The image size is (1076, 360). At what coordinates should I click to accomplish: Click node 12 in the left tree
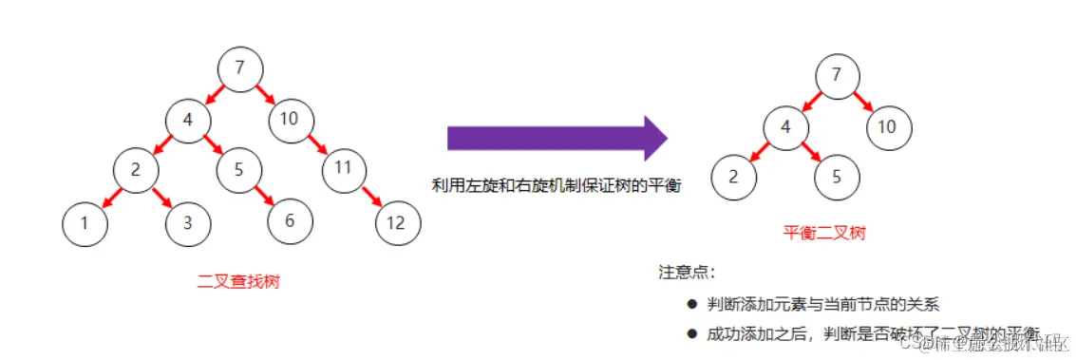point(398,223)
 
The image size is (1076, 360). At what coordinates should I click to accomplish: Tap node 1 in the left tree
point(85,223)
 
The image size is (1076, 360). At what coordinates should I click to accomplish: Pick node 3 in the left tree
point(188,223)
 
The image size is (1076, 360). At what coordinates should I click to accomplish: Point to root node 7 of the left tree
point(239,67)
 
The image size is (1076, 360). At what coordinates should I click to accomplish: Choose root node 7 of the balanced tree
point(837,75)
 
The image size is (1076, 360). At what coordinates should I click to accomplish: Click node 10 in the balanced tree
point(887,126)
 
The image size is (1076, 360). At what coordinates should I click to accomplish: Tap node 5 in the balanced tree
point(837,178)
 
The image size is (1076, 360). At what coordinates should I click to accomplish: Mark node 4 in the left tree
point(188,120)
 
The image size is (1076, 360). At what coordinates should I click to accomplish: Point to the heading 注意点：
point(686,273)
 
